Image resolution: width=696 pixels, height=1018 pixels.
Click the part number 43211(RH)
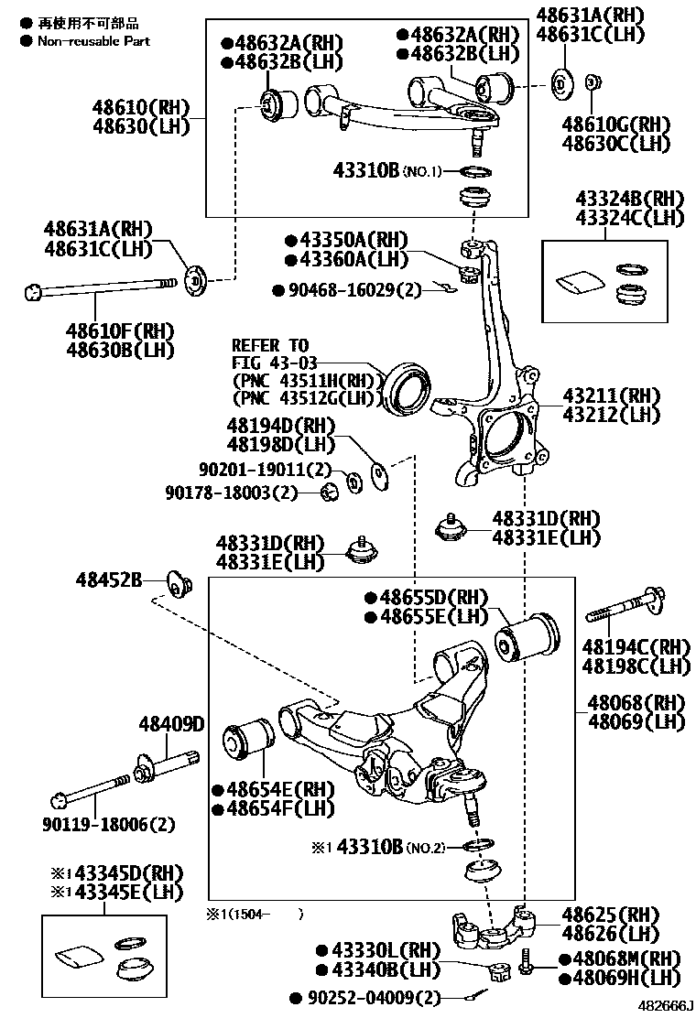[611, 395]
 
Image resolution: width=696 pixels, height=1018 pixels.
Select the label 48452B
[109, 579]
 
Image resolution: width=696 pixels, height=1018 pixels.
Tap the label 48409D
[171, 725]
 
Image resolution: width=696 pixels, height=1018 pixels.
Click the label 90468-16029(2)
[348, 290]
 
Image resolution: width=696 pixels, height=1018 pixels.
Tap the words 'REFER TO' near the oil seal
[270, 346]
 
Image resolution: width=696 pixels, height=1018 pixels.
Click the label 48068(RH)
[636, 703]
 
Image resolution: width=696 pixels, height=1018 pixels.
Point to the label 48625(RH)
[610, 915]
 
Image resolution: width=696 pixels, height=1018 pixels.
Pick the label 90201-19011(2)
[264, 470]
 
